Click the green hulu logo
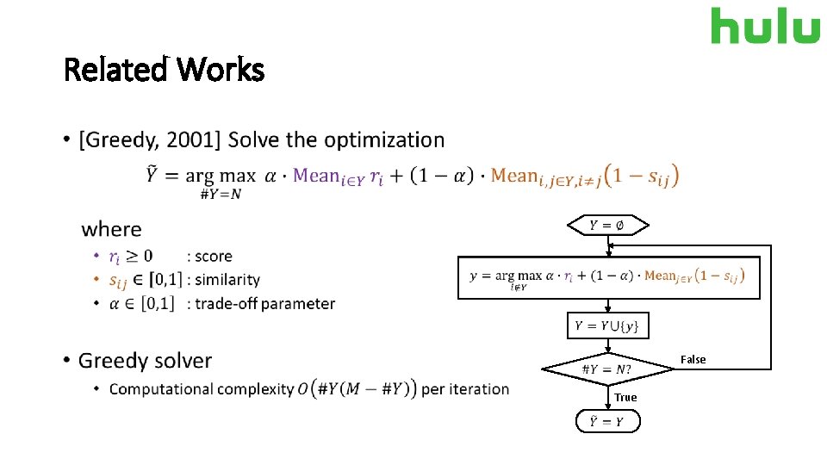click(765, 26)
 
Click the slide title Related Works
click(164, 70)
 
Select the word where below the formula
click(111, 229)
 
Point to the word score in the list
click(214, 257)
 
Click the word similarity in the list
click(227, 280)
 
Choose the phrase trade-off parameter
click(265, 303)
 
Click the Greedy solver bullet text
click(145, 360)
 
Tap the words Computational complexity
click(202, 389)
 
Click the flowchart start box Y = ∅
click(607, 226)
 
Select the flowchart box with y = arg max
click(608, 277)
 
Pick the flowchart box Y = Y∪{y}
click(607, 326)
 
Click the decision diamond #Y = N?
click(607, 369)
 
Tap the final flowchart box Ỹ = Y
click(607, 422)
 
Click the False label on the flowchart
click(693, 359)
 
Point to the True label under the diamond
click(625, 397)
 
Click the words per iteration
click(465, 389)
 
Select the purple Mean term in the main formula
click(316, 177)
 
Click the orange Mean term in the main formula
click(514, 177)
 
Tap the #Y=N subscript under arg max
click(221, 194)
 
